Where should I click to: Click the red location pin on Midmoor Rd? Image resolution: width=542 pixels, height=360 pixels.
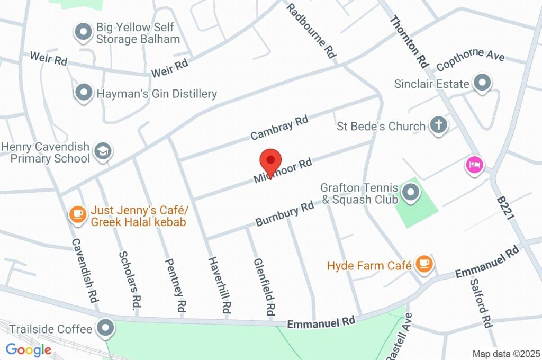click(270, 160)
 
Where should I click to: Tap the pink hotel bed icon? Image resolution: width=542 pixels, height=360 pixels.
click(474, 165)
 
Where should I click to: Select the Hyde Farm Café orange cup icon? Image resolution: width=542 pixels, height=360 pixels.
click(424, 263)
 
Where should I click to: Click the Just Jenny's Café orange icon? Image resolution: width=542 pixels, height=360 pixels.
click(78, 214)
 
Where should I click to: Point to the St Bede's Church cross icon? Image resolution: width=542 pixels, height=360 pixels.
click(438, 125)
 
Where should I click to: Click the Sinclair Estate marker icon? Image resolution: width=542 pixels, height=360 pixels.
click(482, 83)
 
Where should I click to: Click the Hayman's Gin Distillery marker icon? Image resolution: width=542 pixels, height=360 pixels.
click(83, 92)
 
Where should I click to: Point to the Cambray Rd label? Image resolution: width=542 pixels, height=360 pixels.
click(279, 128)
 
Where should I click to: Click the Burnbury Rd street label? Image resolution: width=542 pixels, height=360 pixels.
click(285, 214)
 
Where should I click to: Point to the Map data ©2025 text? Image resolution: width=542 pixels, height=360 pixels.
click(506, 354)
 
